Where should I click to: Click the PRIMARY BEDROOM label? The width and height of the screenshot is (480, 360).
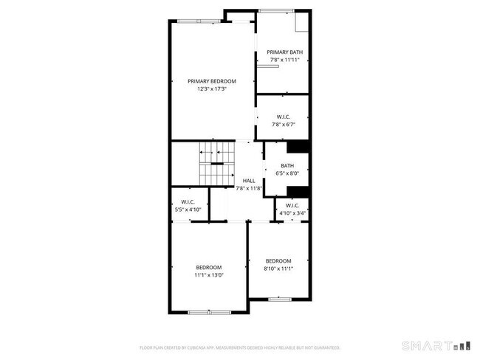tap(211, 81)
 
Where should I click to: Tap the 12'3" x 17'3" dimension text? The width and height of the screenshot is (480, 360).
tap(211, 89)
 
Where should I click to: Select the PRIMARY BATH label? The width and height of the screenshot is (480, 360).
tap(285, 52)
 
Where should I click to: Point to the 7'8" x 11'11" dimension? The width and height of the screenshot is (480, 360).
tap(285, 60)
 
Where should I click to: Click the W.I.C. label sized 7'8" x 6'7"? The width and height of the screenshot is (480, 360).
tap(284, 117)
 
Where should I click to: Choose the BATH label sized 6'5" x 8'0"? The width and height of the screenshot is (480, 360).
tap(287, 166)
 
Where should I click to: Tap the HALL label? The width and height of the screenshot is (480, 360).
tap(249, 181)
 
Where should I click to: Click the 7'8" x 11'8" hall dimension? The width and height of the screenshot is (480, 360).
tap(249, 189)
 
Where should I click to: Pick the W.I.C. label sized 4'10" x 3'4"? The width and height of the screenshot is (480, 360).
tap(292, 206)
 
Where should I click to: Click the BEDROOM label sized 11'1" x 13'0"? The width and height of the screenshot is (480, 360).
tap(208, 267)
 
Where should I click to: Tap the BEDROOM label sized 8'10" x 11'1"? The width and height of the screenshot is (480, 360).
tap(278, 261)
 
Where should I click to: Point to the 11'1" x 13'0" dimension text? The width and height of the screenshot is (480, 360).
tap(208, 275)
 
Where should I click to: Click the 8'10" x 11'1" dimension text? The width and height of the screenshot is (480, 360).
tap(278, 269)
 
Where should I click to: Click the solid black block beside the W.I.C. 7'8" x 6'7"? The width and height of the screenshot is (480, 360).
tap(298, 147)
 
